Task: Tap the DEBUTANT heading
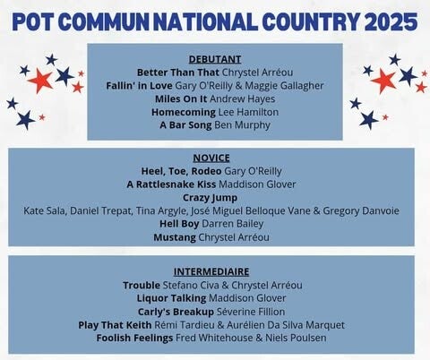tap(215, 59)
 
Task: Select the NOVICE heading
tap(211, 158)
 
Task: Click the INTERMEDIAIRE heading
tap(211, 271)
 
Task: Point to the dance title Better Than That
tap(178, 73)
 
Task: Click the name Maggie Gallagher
tap(284, 86)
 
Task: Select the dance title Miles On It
tap(181, 99)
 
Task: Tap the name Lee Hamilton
tap(248, 112)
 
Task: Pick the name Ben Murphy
tap(242, 125)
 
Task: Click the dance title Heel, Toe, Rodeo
tap(181, 171)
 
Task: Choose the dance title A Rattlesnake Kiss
tap(171, 184)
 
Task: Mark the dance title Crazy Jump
tap(211, 198)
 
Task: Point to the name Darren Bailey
tap(233, 224)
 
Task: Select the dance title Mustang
tap(175, 237)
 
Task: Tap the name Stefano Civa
tap(191, 285)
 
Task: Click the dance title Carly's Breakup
tap(176, 312)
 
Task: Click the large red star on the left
tap(40, 81)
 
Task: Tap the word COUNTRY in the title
tap(311, 21)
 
